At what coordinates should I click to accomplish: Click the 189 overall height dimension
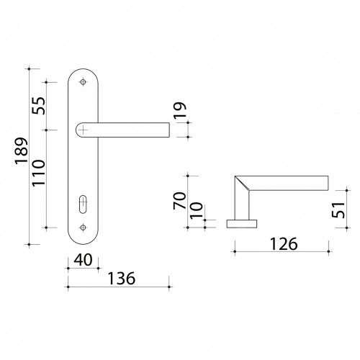pos(21,150)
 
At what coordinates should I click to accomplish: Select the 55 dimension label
pos(39,106)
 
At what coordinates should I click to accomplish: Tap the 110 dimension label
pos(39,173)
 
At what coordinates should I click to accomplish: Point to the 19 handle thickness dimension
pos(180,110)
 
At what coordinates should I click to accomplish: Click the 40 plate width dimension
pos(83,260)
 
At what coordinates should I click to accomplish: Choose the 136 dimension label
pos(122,279)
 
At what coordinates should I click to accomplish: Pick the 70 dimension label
pos(180,201)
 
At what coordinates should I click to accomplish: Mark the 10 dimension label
pos(197,210)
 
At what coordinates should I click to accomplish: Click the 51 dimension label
pos(338,210)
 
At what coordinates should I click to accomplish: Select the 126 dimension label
pos(284,244)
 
